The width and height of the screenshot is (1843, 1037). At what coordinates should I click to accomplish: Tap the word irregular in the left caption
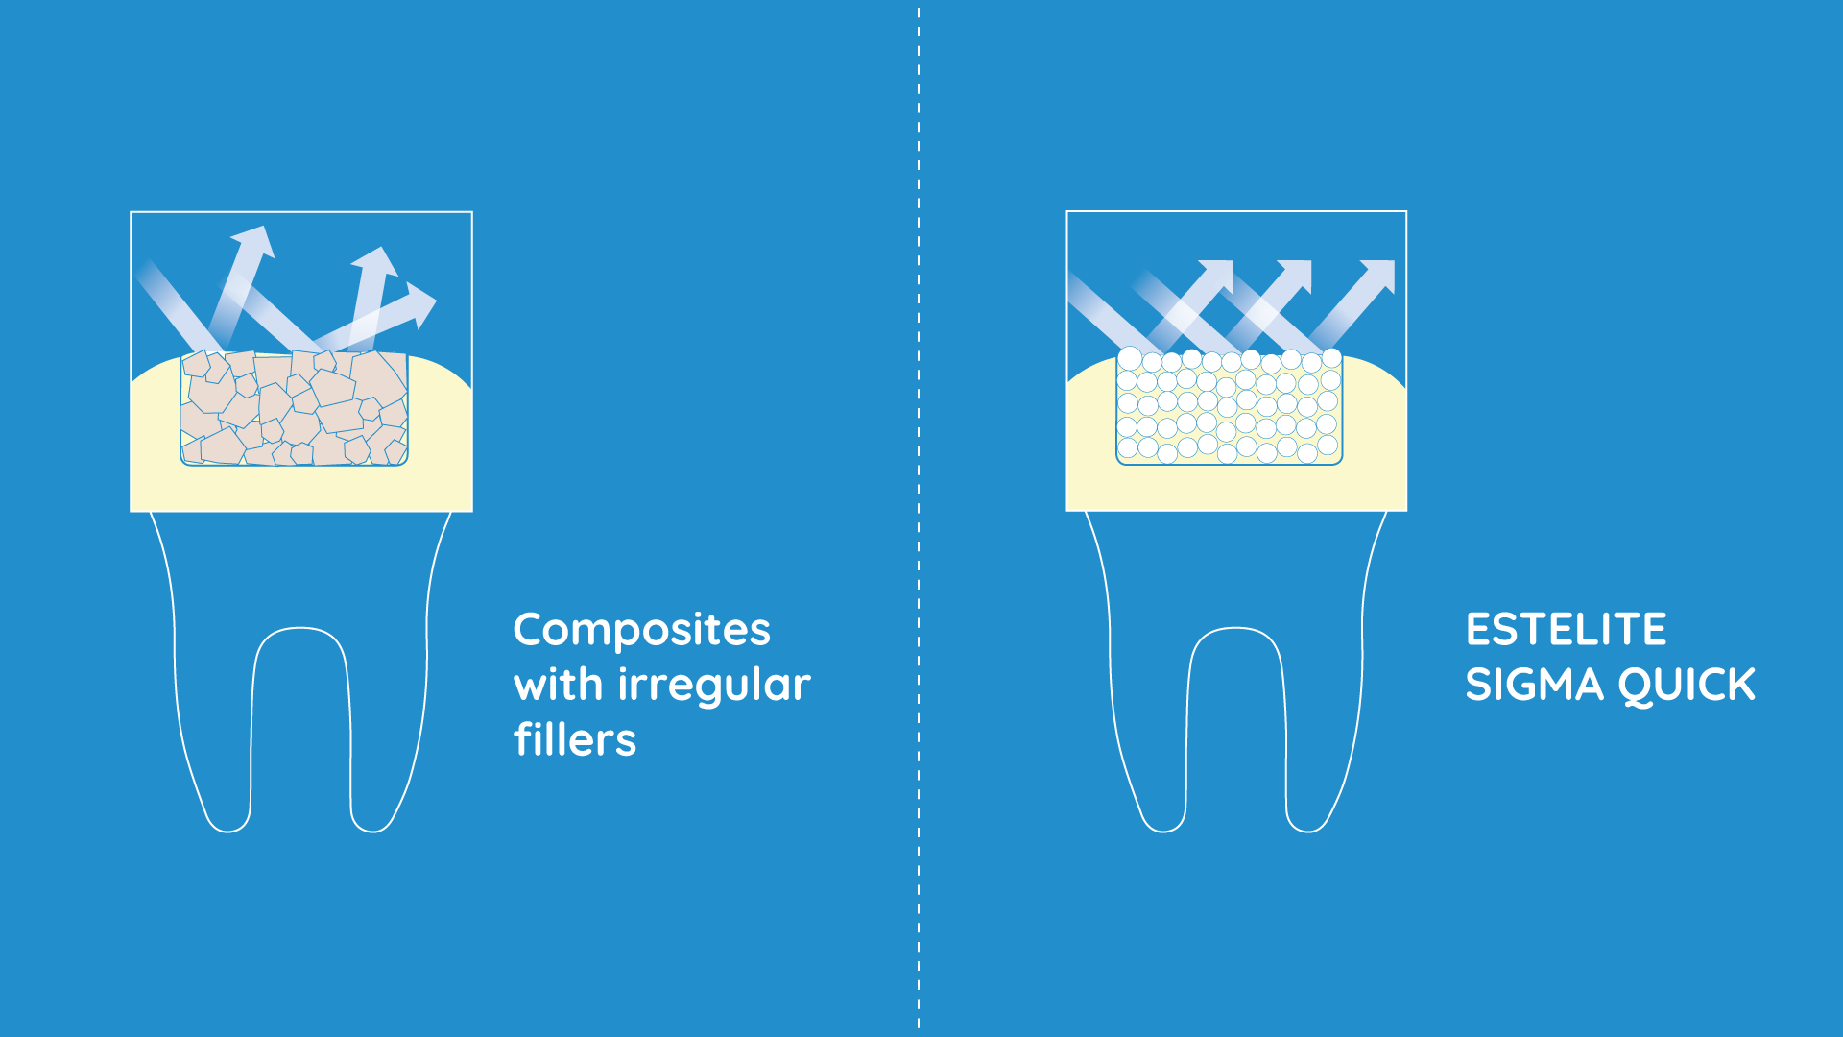coord(714,687)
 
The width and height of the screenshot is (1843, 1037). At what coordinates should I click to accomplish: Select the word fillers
coord(575,739)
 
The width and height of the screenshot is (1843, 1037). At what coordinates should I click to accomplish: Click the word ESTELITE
coord(1566,630)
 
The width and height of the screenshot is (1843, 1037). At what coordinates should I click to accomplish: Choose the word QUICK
coord(1687,686)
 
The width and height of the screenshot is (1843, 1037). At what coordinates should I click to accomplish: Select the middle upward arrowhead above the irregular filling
coord(375,261)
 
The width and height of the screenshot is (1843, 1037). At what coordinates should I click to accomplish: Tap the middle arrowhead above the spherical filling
coord(1295,276)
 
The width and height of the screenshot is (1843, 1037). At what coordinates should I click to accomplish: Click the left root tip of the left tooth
coord(227,830)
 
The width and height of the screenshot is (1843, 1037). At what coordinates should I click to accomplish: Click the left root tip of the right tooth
coord(1163,830)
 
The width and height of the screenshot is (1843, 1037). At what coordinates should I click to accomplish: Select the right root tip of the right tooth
coord(1308,830)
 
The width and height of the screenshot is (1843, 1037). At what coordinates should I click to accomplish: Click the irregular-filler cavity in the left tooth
coord(294,408)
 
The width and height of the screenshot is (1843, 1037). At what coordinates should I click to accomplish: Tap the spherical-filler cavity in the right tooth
coord(1229,407)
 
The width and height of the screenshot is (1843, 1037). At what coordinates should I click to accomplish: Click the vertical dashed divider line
coord(919,518)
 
